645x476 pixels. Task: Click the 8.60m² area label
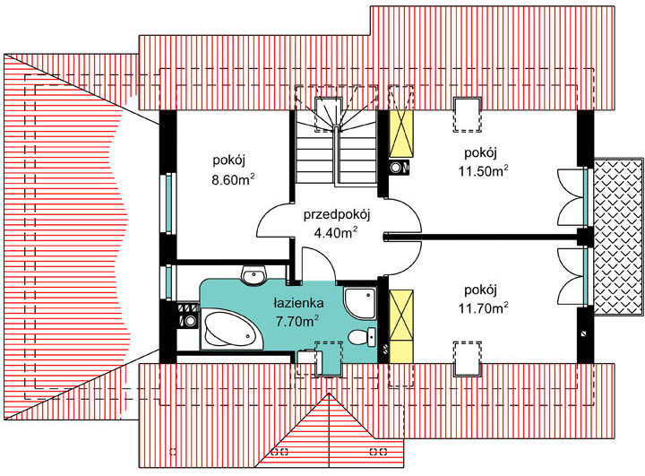(233, 179)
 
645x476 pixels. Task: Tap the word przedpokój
(338, 216)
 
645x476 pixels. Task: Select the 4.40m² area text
(335, 233)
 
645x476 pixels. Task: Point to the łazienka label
(299, 303)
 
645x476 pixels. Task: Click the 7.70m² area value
(297, 320)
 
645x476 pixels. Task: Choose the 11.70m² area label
(484, 307)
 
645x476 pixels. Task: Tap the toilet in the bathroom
(362, 337)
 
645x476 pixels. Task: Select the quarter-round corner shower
(359, 303)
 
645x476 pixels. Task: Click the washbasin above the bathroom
(254, 275)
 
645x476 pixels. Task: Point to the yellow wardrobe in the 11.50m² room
(401, 134)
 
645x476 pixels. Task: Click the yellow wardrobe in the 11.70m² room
(401, 326)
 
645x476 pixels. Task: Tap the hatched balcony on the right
(618, 237)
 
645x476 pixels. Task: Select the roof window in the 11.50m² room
(467, 115)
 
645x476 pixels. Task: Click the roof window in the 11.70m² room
(467, 359)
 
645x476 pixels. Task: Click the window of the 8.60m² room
(168, 203)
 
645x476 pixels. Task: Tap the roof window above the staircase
(329, 115)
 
